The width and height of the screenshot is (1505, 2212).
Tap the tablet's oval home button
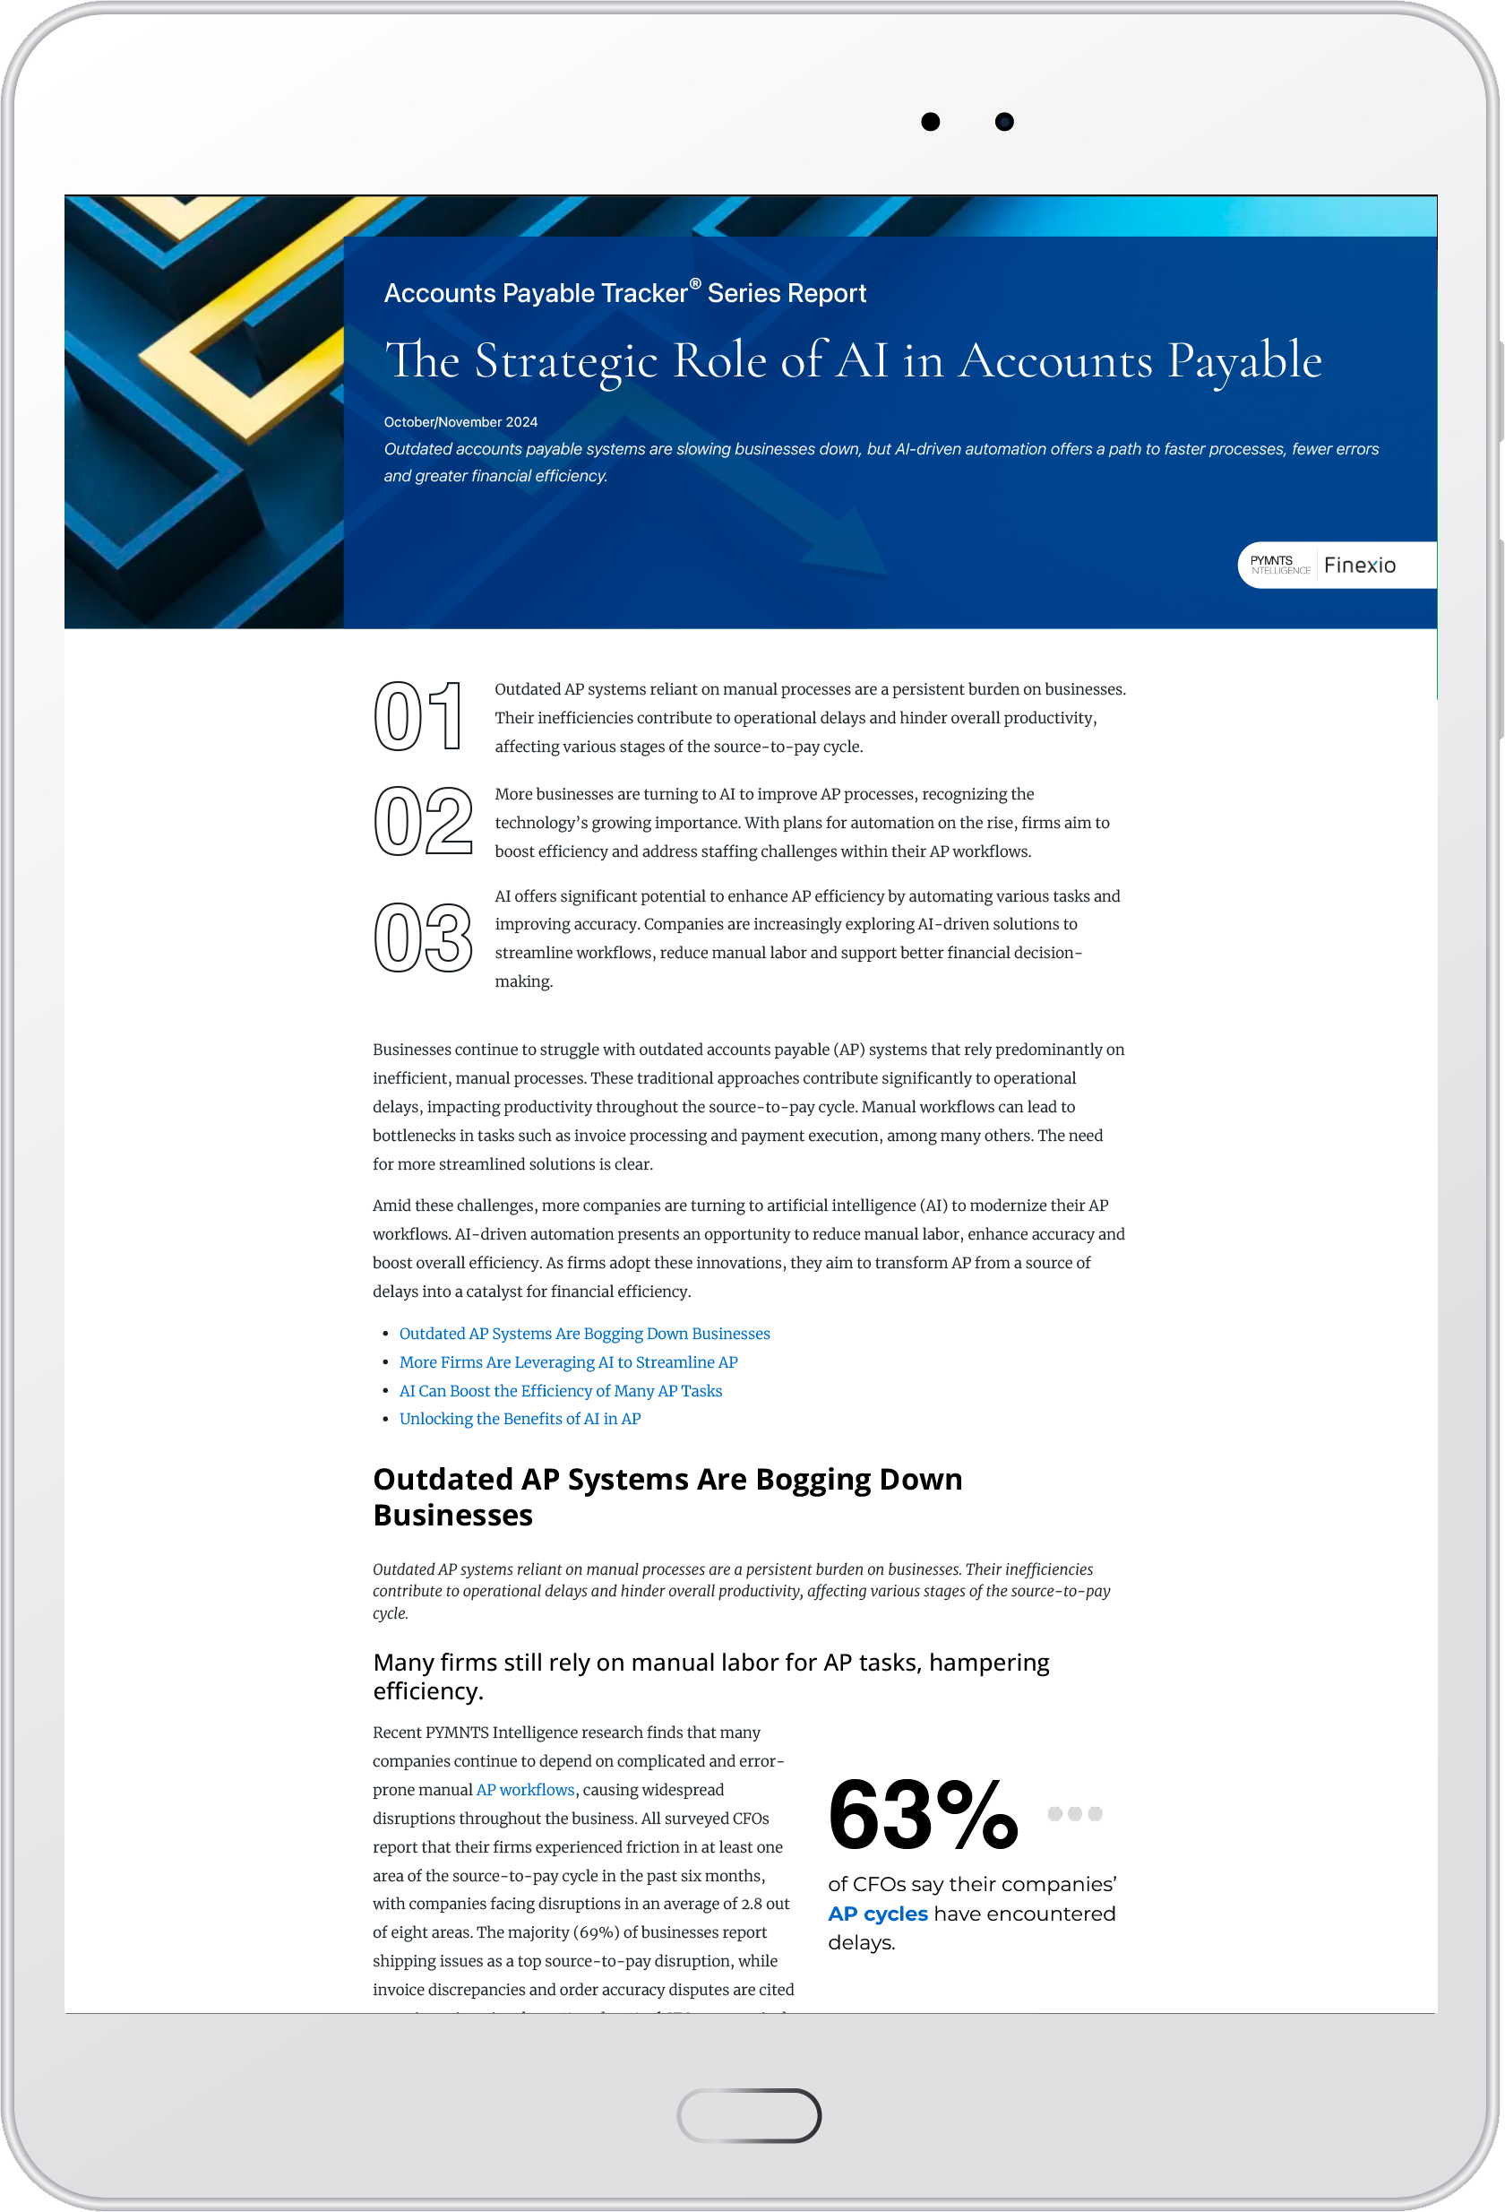[x=749, y=2115]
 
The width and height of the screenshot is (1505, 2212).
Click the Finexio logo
[x=1360, y=566]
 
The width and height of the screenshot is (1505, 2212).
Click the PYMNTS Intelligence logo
[x=1278, y=565]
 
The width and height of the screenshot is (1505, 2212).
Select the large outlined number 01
[x=418, y=717]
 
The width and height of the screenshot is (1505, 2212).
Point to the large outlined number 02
[x=424, y=821]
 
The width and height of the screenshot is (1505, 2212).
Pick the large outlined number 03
[x=424, y=938]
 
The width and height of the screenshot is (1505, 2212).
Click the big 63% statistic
[x=922, y=1815]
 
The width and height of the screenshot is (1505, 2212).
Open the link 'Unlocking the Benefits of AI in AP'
[x=520, y=1418]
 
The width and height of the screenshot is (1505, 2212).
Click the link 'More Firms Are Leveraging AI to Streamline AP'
[x=568, y=1362]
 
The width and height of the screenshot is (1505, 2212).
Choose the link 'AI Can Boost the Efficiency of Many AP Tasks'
[x=560, y=1391]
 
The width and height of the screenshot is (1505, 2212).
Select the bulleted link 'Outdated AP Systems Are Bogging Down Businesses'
[x=584, y=1334]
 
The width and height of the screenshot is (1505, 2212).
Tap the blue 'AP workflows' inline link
[x=525, y=1789]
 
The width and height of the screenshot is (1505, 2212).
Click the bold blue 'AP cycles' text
[x=877, y=1914]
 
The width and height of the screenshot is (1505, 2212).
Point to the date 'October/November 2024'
[x=460, y=421]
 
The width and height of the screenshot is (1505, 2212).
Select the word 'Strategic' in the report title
[x=566, y=362]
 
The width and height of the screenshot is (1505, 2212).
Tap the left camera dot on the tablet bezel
[x=931, y=122]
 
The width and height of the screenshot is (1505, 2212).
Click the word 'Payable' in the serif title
[x=1244, y=362]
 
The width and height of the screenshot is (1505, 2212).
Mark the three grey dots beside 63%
[x=1074, y=1813]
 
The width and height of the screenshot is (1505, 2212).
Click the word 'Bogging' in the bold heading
[x=812, y=1479]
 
